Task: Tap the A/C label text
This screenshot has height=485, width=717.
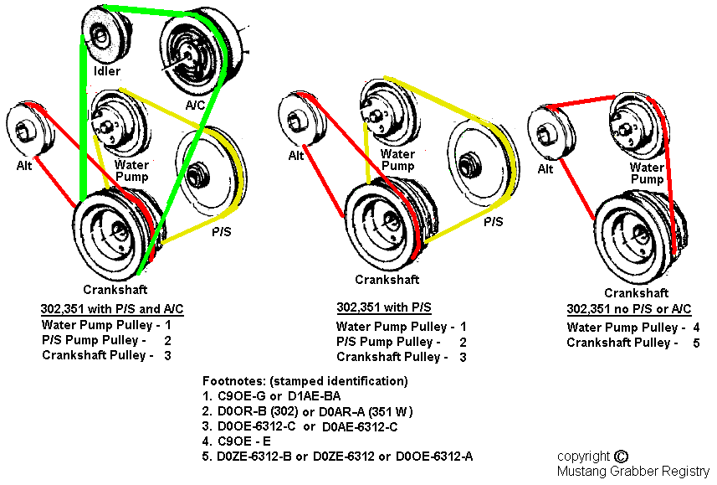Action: point(197,105)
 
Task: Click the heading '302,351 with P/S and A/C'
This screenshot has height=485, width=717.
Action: point(111,308)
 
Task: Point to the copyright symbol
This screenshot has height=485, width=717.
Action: point(620,457)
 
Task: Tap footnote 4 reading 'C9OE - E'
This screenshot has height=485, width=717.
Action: point(248,441)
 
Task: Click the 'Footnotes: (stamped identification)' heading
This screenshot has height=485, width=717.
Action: point(305,381)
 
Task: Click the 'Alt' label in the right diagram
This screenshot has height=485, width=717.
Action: point(545,168)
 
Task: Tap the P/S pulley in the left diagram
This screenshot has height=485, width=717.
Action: point(206,173)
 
